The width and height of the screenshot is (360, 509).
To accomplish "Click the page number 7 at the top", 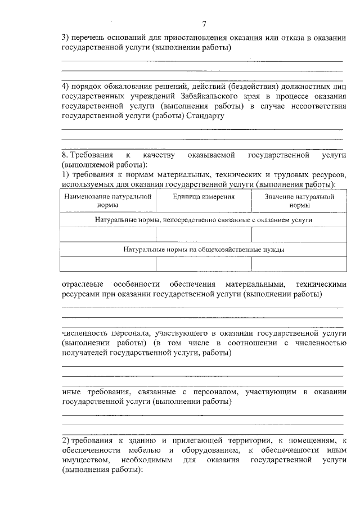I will [205, 24].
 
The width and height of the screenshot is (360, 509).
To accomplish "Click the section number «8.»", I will [65, 154].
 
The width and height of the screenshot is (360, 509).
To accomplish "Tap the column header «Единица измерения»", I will [204, 197].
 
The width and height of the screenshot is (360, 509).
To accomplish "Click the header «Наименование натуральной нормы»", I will [108, 201].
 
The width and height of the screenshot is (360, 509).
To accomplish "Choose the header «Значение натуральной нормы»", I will [299, 201].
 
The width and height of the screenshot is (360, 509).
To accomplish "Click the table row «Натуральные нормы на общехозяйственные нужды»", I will [204, 249].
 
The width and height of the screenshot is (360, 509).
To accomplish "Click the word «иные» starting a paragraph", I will [70, 391].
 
